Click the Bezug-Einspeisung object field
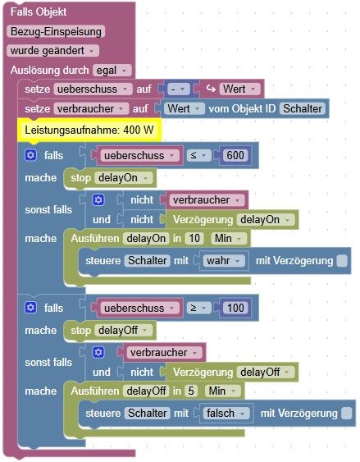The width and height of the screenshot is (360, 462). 56,31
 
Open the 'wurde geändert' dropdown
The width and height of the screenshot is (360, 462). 52,51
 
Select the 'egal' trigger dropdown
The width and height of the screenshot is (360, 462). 112,71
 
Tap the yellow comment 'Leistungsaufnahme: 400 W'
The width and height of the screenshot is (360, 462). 89,130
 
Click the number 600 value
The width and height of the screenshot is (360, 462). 235,155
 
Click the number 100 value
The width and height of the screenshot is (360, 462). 235,308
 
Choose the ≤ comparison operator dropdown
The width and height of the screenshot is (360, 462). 198,155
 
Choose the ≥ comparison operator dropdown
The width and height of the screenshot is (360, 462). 198,308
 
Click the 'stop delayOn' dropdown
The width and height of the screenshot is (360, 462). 123,178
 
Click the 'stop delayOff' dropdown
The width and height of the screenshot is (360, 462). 123,331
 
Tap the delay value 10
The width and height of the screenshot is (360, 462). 194,238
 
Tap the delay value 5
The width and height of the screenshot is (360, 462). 191,391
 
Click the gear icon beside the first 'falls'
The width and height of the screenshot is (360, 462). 30,155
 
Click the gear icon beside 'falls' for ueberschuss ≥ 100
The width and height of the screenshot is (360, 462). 30,308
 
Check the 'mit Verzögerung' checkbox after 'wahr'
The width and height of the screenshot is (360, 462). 342,261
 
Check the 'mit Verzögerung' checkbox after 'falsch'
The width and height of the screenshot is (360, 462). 347,414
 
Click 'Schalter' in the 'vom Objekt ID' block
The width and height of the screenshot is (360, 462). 303,108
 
